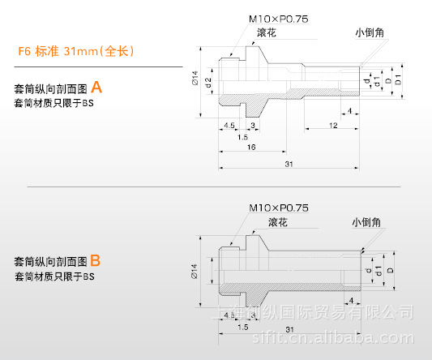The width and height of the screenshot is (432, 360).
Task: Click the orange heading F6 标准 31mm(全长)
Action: click(75, 51)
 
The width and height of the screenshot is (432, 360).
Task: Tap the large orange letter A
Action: click(96, 87)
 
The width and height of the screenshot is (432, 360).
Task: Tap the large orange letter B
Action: click(95, 260)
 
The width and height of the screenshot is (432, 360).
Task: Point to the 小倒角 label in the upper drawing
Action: click(369, 33)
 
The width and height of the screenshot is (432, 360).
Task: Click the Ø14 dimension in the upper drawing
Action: click(195, 79)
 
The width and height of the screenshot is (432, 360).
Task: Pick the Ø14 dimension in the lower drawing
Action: click(195, 270)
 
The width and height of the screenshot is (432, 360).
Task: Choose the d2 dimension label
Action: click(208, 81)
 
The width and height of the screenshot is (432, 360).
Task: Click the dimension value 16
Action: click(252, 148)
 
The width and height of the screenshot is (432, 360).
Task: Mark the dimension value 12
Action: click(333, 125)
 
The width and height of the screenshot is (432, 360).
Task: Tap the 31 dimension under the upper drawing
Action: click(289, 164)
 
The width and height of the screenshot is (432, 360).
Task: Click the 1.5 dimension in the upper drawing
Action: click(242, 137)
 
